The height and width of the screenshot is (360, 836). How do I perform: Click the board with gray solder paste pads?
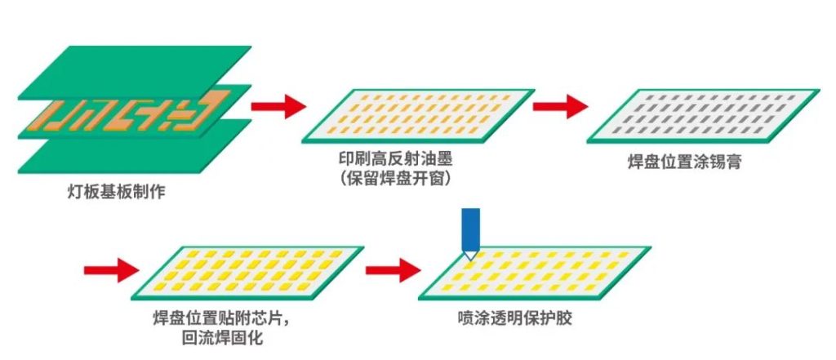tap(703, 115)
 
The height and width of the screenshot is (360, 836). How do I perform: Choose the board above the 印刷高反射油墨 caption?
tap(416, 115)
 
